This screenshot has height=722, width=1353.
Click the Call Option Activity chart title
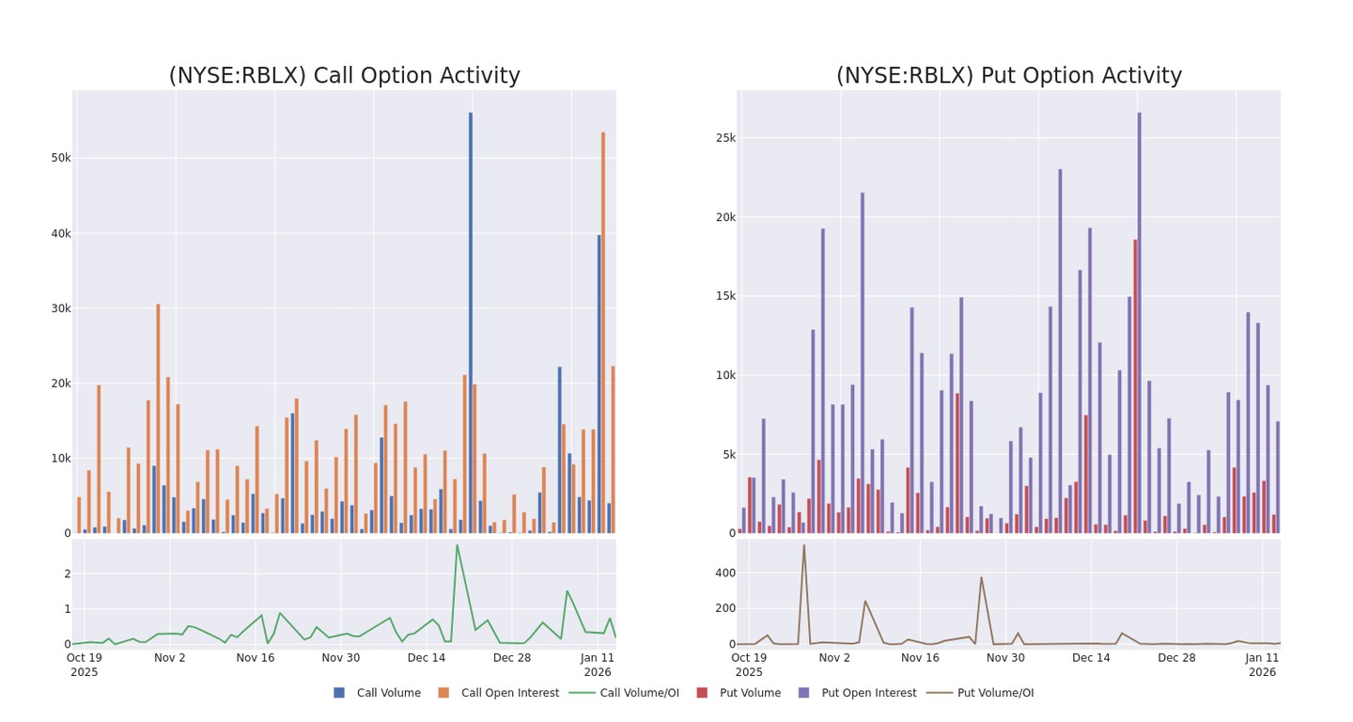pos(344,76)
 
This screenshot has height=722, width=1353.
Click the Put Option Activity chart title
pos(1009,76)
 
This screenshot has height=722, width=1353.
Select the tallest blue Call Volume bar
pos(471,320)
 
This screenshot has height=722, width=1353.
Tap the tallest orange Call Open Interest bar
pos(603,329)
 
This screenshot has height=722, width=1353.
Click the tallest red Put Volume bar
pos(1135,385)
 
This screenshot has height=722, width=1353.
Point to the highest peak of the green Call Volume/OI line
pos(458,545)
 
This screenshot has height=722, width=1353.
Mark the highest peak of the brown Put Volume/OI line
pos(803,545)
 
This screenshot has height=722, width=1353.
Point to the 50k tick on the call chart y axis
pos(61,158)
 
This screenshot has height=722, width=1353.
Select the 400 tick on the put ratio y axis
pos(724,573)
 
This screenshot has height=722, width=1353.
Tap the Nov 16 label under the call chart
pos(256,658)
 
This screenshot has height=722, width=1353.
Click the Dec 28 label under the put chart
pos(1176,658)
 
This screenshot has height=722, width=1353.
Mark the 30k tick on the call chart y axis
pos(61,308)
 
